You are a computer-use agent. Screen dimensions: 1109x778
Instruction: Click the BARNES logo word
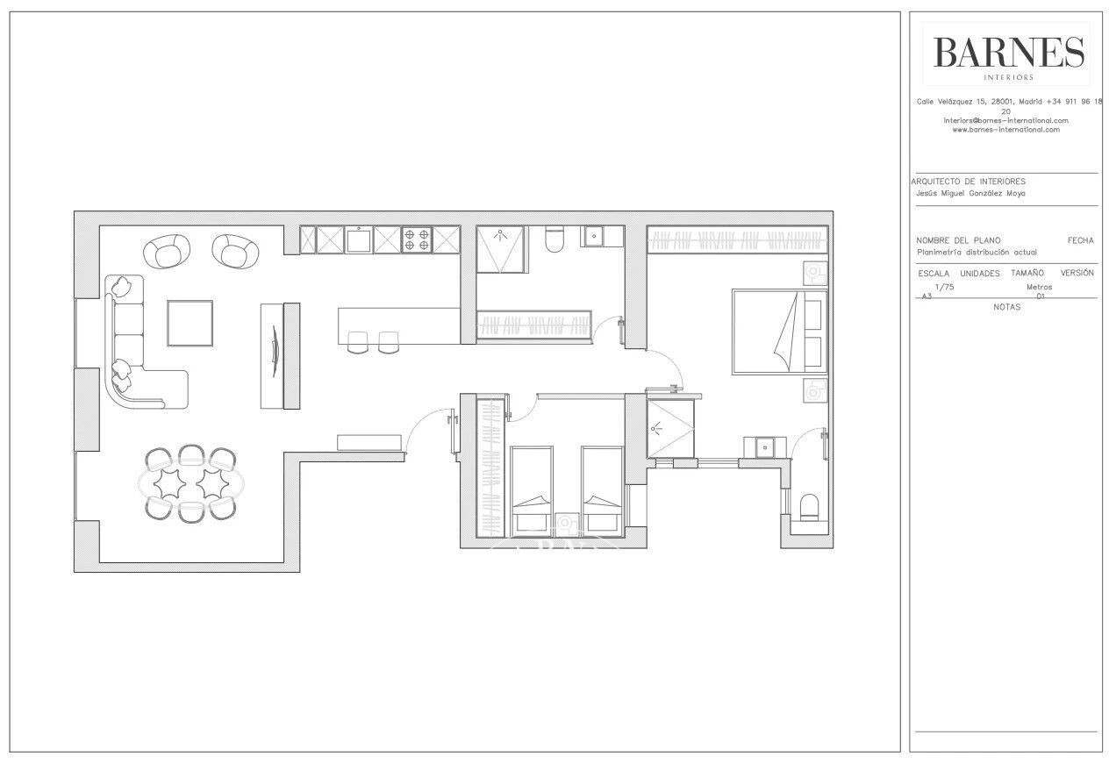pos(1008,52)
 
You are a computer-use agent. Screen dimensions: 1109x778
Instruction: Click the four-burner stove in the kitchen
pos(417,239)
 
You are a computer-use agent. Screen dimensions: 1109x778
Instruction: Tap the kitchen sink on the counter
pos(359,239)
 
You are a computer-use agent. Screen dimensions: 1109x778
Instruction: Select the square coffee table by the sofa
pos(190,323)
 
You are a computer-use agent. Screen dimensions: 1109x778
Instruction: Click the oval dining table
pos(191,482)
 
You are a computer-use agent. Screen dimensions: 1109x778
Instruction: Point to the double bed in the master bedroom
pos(780,332)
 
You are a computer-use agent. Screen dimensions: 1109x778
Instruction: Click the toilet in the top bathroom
pos(554,239)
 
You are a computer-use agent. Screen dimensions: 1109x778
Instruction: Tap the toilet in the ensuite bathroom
pos(810,508)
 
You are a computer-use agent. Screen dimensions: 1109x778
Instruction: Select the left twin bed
pos(531,491)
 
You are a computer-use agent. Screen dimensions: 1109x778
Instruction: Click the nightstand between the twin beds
pos(567,525)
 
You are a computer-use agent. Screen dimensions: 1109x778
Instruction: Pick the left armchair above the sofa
pos(167,252)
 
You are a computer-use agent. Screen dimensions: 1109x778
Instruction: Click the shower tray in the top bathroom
pos(501,249)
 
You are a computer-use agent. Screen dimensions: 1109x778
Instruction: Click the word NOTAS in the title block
pos(1007,307)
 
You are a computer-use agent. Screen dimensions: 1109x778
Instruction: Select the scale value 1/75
pos(944,287)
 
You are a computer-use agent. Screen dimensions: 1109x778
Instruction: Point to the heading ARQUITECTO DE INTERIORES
pos(969,182)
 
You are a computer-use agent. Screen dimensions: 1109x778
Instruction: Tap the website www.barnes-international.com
pos(1006,130)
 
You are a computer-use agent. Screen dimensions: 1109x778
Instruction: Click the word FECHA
pos(1080,240)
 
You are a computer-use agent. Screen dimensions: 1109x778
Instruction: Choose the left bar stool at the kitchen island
pos(357,342)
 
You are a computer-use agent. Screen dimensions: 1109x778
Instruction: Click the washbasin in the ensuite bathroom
pos(765,447)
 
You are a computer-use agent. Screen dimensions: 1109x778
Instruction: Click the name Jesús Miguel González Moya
pos(970,194)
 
